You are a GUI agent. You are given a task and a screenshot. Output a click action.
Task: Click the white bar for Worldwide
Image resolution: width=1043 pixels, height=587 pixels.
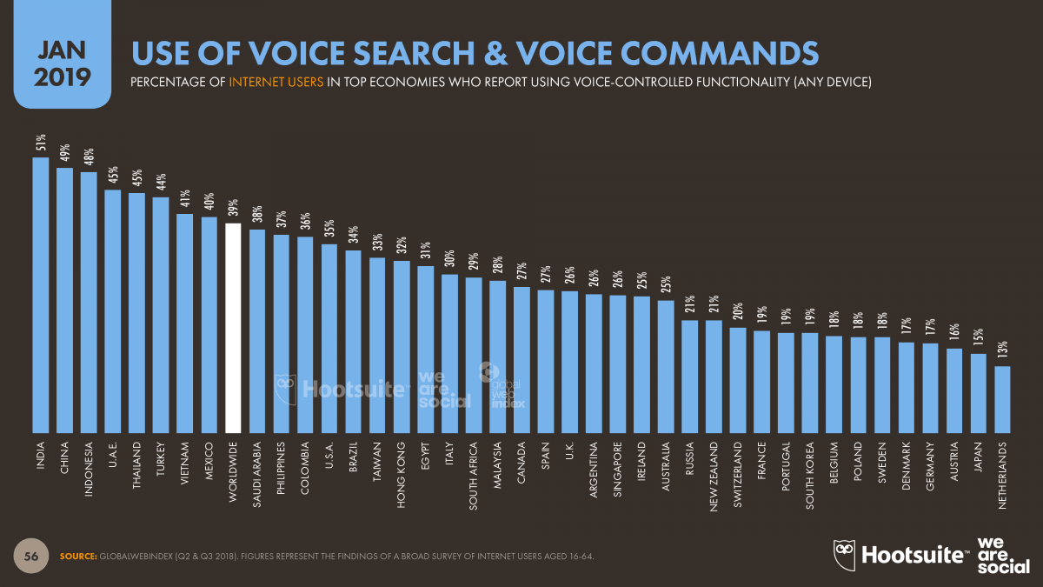point(233,328)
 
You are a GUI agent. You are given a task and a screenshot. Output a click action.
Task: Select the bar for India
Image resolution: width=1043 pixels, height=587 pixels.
point(40,295)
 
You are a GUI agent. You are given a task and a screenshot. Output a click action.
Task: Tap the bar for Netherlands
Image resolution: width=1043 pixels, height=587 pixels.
point(1002,399)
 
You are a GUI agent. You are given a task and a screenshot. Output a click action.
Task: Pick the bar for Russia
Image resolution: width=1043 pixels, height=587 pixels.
point(689,376)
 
